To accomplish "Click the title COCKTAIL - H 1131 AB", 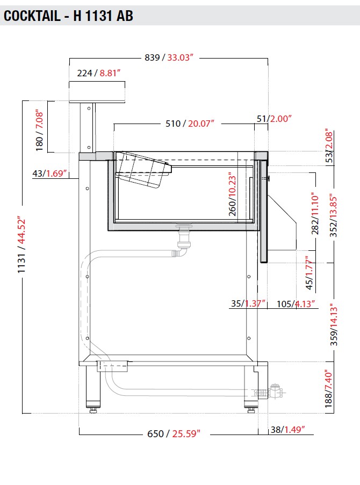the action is [68, 16].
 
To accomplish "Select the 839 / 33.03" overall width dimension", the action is [169, 57].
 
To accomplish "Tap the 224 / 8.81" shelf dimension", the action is [99, 73].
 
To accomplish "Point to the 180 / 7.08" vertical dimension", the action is [39, 130].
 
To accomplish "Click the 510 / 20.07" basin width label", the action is [190, 124].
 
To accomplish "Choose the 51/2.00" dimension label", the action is [274, 119].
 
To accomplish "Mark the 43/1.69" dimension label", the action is [49, 173].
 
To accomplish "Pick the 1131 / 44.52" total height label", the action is [21, 245].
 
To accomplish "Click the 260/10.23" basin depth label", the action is [232, 194].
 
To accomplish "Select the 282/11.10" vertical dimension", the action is [315, 213].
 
